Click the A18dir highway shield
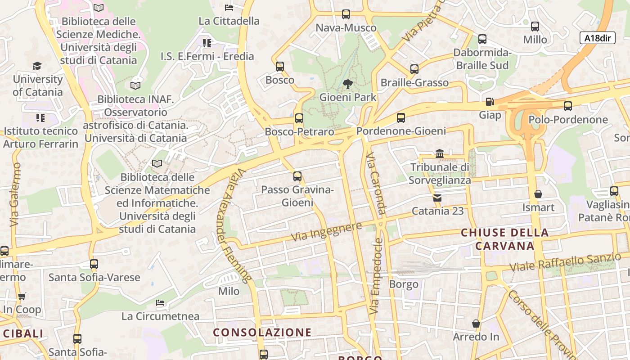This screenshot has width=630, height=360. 597,38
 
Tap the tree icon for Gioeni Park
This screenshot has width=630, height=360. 347,84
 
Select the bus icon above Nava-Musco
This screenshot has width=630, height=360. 346,14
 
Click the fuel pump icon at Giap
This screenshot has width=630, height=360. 490,102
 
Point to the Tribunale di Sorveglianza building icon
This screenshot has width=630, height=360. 440,154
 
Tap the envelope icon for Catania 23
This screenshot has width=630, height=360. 437,198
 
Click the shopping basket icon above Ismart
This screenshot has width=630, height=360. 538,194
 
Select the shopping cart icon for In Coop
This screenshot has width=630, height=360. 22,296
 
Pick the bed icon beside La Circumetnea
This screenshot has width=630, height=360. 160,303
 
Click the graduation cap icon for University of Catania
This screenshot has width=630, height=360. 37,66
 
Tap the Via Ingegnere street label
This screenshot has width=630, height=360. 326,231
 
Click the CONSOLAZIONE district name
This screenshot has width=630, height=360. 262,333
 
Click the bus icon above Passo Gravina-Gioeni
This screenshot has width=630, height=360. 297,176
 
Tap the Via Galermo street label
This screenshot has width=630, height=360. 15,194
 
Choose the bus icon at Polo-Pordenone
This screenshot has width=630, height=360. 568,106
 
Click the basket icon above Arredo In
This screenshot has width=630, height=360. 476,324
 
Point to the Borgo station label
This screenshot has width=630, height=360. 404,284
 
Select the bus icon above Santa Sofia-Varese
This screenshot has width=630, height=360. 94,264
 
